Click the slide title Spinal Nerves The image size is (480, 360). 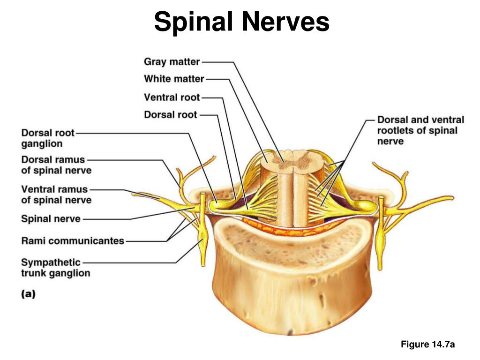[241, 22]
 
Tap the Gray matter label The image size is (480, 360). [172, 62]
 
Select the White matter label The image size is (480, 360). [174, 79]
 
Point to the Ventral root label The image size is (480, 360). [172, 97]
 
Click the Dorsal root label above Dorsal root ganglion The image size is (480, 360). [171, 114]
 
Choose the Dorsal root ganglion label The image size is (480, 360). [48, 138]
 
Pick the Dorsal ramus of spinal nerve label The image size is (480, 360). [56, 165]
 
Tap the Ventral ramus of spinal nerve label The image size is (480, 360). [56, 195]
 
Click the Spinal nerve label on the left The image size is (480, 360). [51, 218]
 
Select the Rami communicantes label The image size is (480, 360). [73, 241]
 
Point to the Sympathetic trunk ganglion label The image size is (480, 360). [55, 267]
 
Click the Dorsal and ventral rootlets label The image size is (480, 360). [420, 130]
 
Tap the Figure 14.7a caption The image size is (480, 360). [428, 345]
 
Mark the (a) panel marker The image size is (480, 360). [28, 294]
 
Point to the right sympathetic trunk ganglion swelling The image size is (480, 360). [381, 234]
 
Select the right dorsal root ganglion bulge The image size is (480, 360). [363, 205]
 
